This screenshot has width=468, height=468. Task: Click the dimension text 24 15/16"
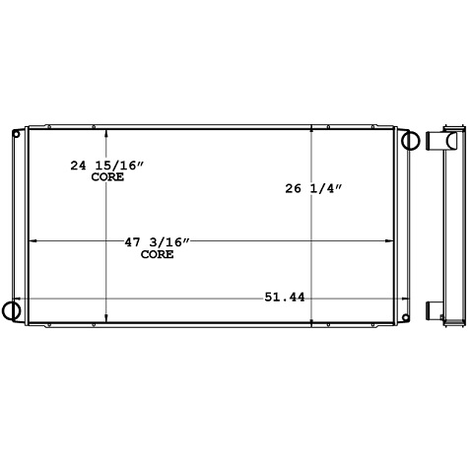pyautogui.click(x=107, y=167)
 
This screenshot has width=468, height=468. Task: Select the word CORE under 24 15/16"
pyautogui.click(x=107, y=178)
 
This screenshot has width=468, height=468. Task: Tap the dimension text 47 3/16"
pyautogui.click(x=156, y=242)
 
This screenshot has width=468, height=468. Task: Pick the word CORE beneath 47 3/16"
pyautogui.click(x=157, y=254)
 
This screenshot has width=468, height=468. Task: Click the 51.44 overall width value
pyautogui.click(x=284, y=297)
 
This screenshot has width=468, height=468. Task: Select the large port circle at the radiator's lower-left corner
pyautogui.click(x=11, y=310)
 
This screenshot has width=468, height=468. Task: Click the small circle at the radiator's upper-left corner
pyautogui.click(x=15, y=133)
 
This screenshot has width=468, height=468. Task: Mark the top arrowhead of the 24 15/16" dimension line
pyautogui.click(x=106, y=132)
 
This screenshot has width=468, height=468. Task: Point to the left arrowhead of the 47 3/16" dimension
pyautogui.click(x=31, y=241)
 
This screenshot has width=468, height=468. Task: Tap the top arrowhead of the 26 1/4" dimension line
pyautogui.click(x=313, y=129)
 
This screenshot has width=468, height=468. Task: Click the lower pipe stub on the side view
pyautogui.click(x=434, y=313)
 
